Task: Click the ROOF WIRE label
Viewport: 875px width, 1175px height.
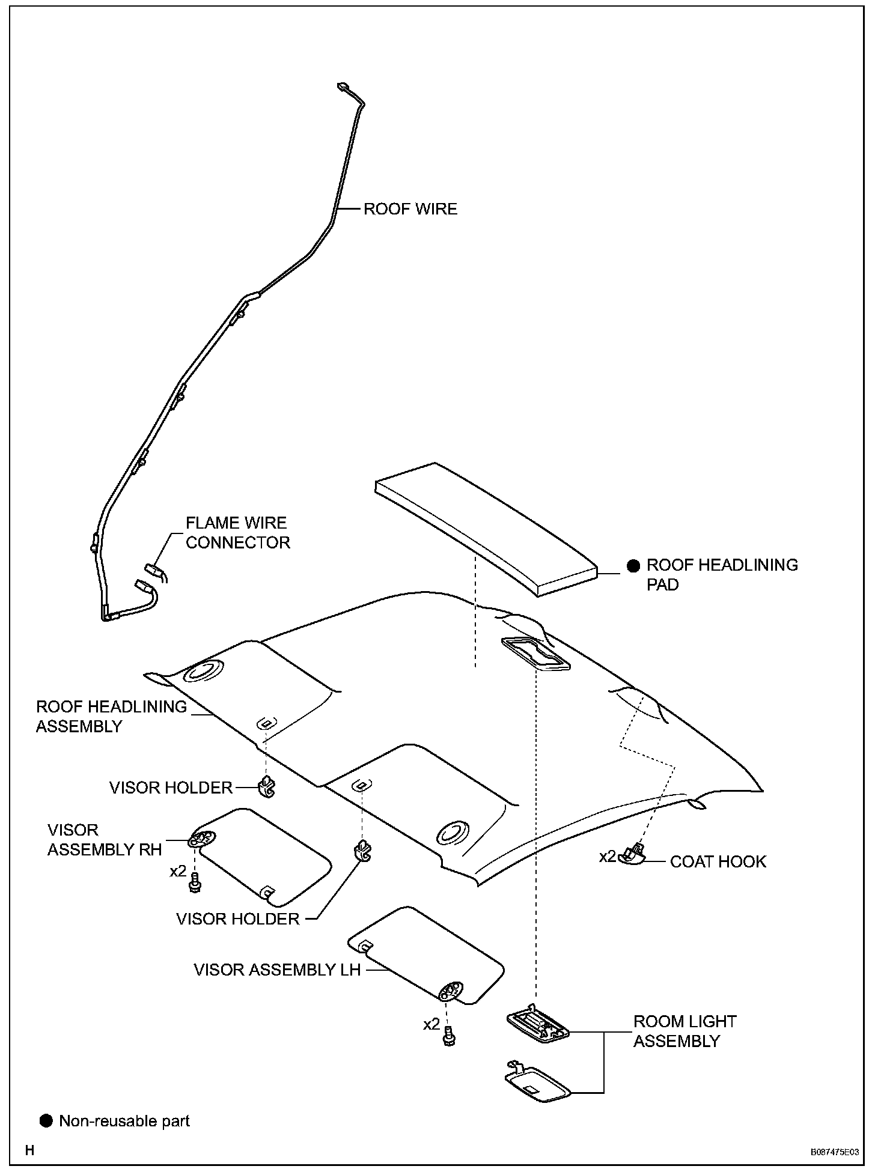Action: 410,209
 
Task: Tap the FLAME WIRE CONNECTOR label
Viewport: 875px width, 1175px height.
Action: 237,533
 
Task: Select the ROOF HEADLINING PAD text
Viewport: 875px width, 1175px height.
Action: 722,574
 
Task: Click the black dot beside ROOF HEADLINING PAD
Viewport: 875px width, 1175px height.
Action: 633,565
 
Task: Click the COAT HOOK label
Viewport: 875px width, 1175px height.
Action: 718,861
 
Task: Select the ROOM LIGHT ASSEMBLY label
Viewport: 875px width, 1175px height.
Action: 684,1031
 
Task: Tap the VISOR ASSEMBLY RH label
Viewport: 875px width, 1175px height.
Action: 105,840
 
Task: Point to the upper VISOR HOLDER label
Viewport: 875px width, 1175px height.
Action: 171,788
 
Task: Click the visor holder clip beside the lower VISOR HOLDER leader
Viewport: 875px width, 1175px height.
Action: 362,851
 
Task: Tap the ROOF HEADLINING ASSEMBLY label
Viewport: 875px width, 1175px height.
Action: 111,716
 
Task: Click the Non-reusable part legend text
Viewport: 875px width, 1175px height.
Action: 124,1121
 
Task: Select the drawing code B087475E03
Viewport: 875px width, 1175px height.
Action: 834,1153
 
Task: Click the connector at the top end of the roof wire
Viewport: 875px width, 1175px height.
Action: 344,88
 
